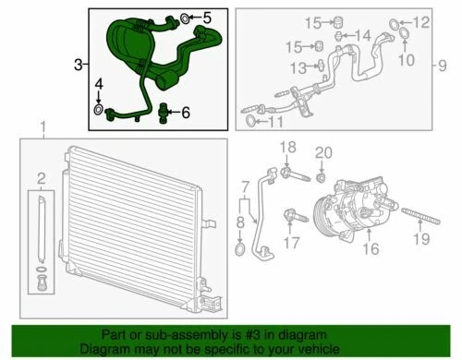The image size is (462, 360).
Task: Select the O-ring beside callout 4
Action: click(x=98, y=112)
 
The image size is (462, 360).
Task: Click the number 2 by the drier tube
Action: click(x=39, y=177)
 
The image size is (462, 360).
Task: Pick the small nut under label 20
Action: click(x=321, y=175)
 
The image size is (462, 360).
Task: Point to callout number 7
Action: click(x=246, y=188)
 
